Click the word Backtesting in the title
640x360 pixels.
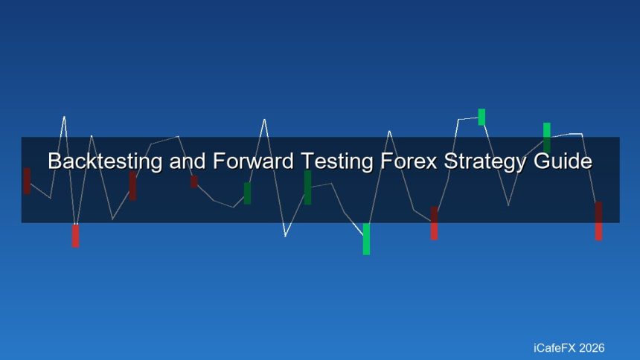(105, 161)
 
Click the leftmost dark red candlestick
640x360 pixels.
(27, 181)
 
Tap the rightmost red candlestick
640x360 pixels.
(598, 221)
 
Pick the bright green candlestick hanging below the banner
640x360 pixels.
(366, 239)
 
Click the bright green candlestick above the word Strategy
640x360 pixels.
(481, 117)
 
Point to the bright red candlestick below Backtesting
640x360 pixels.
(75, 235)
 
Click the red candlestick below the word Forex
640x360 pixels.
(434, 223)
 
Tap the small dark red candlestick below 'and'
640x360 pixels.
(193, 181)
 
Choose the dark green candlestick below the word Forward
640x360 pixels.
(247, 193)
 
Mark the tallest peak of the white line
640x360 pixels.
(64, 117)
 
